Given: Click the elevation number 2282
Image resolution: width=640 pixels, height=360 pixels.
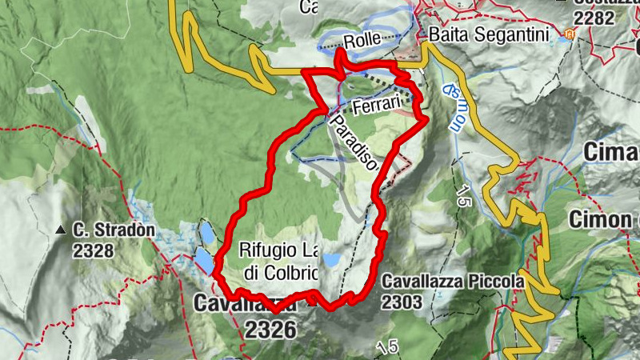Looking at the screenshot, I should (x=594, y=18).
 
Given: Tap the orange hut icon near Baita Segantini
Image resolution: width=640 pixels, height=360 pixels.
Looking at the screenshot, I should (x=570, y=35).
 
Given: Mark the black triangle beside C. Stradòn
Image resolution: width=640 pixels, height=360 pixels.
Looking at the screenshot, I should (x=61, y=232).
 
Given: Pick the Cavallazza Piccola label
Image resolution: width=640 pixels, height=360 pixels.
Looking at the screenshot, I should (x=453, y=282).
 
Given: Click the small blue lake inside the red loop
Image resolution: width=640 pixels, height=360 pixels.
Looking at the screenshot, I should (x=331, y=260).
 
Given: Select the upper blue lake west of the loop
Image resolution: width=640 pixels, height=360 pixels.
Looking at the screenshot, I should (x=206, y=233).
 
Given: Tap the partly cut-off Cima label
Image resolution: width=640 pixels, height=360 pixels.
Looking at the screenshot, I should (x=611, y=151).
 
